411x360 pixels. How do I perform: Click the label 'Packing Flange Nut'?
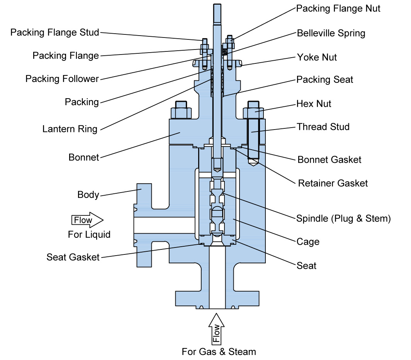coord(338,9)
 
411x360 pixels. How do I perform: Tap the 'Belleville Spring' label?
coord(331,33)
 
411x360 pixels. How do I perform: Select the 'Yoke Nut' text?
coord(317,57)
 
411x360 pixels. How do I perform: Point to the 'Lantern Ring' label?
coord(70,129)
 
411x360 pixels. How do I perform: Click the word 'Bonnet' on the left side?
coord(84,157)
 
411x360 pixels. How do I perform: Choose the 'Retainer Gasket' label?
coord(333,183)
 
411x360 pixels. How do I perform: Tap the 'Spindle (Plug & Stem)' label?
coord(343,218)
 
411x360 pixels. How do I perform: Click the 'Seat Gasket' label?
coord(73,257)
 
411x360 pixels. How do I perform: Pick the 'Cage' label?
coord(308,242)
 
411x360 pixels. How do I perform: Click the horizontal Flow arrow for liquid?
coord(87,220)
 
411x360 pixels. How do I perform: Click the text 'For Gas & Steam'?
coord(219,351)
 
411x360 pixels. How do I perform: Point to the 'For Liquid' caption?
coord(89,234)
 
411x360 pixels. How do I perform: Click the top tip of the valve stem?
coord(217,5)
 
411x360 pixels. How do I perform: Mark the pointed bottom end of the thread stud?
coord(253,164)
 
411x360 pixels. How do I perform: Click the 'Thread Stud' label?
coord(323,127)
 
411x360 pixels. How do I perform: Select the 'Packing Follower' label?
coord(62,79)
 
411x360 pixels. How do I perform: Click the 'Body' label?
coord(88,195)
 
